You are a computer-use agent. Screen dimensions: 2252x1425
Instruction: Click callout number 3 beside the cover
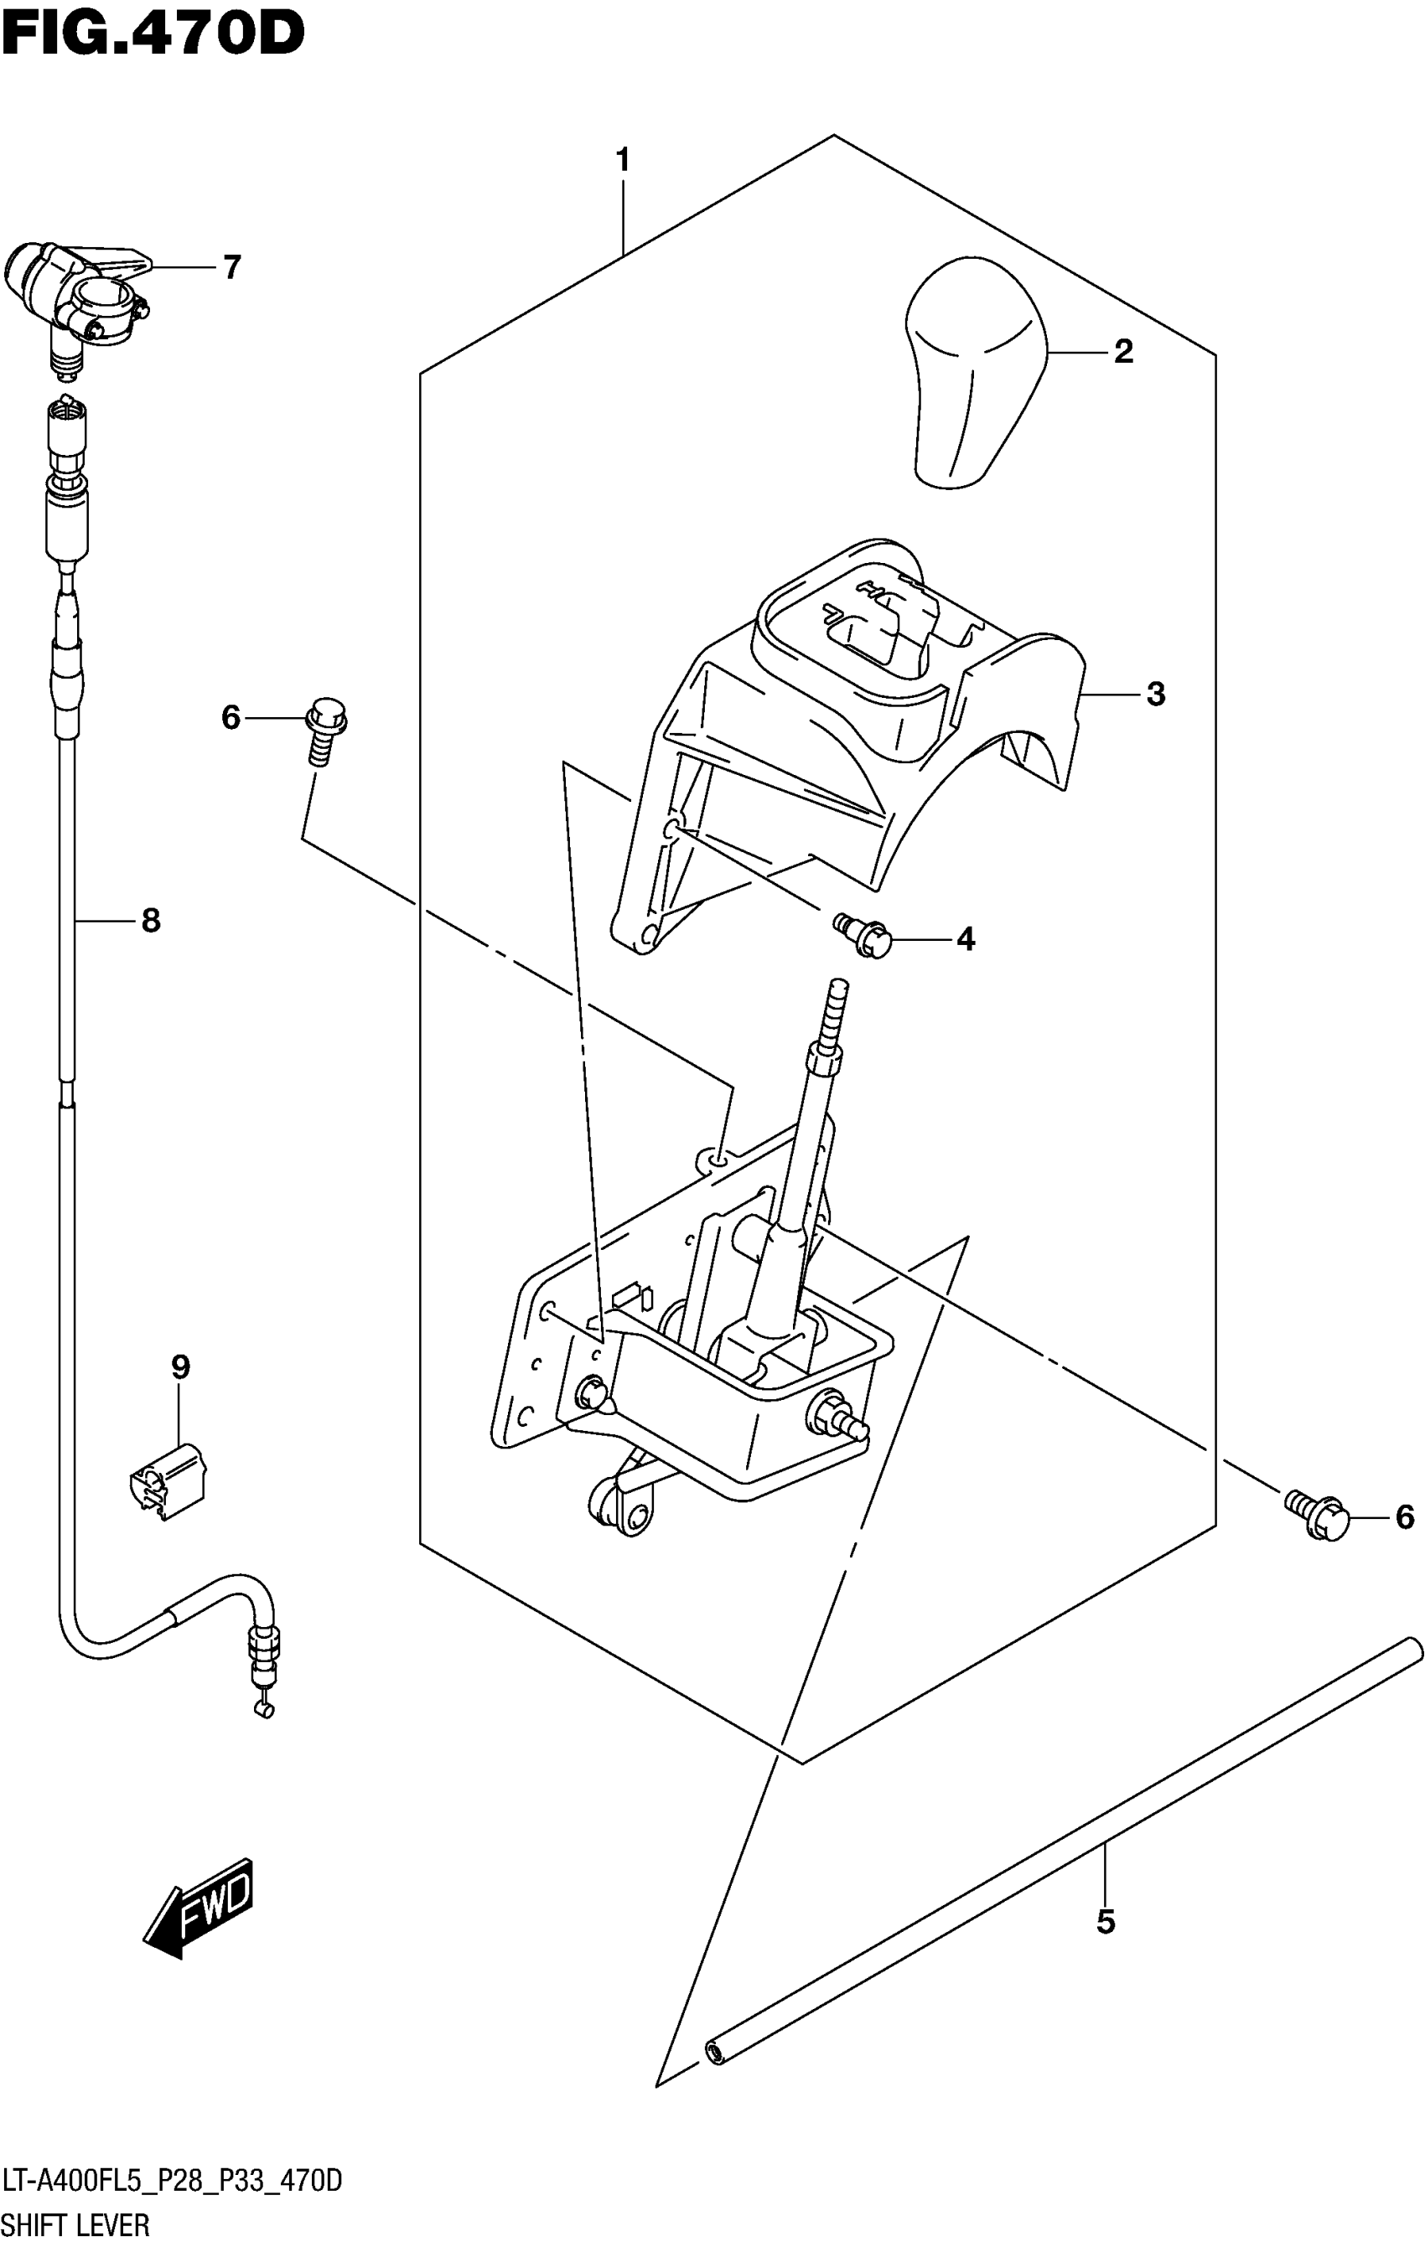pos(1156,694)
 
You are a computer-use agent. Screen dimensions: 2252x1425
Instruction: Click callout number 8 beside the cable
pos(151,922)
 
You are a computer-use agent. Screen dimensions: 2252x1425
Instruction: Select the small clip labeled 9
pos(167,1479)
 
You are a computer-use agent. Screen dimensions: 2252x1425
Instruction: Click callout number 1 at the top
pos(622,161)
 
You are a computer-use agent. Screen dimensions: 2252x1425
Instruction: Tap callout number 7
pos(231,267)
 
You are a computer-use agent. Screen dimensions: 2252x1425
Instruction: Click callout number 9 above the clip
pos(180,1367)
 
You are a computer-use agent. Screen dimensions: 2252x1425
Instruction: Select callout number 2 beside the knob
pos(1122,352)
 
